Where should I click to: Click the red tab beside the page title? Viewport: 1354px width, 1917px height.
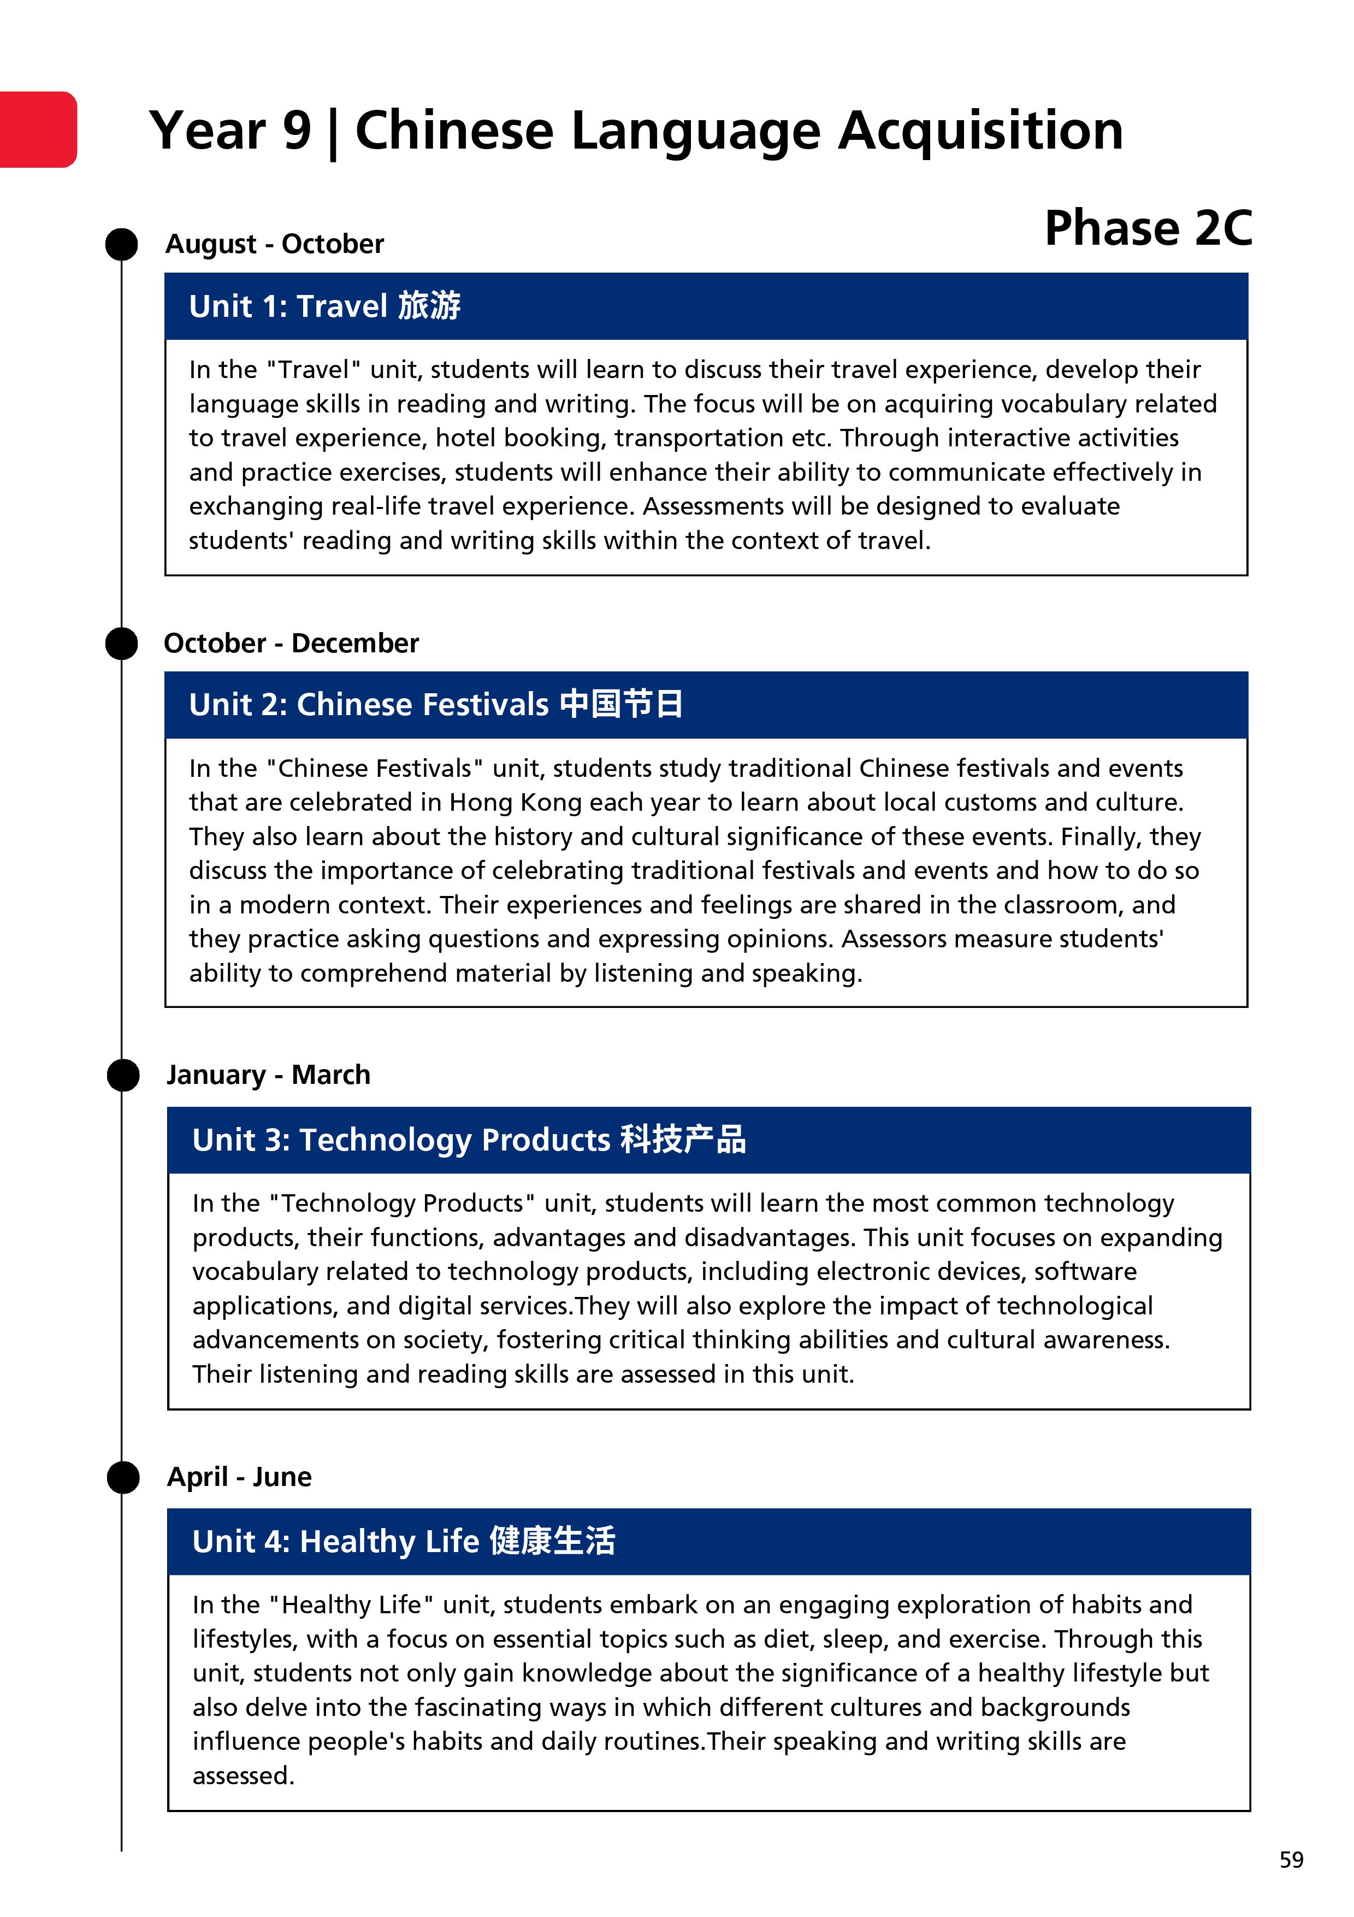pyautogui.click(x=38, y=129)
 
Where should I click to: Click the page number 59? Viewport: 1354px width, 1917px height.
pyautogui.click(x=1291, y=1860)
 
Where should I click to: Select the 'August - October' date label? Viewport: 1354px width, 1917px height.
pyautogui.click(x=275, y=244)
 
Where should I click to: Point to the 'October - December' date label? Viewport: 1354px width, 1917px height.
pyautogui.click(x=291, y=643)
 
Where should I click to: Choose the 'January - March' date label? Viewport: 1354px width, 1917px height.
pyautogui.click(x=268, y=1075)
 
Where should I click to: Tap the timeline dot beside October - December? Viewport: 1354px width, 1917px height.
pyautogui.click(x=122, y=644)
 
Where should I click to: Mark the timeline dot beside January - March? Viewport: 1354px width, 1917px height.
pyautogui.click(x=123, y=1075)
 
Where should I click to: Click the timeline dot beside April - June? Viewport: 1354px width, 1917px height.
pyautogui.click(x=123, y=1477)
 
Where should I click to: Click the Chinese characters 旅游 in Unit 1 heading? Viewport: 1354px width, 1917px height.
pyautogui.click(x=429, y=305)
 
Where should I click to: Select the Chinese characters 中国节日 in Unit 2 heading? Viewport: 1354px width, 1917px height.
pyautogui.click(x=621, y=704)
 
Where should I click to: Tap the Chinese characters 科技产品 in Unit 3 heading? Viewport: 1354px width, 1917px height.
pyautogui.click(x=683, y=1139)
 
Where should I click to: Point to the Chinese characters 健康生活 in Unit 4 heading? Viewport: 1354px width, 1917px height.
pyautogui.click(x=553, y=1541)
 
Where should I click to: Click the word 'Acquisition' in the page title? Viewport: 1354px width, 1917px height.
pyautogui.click(x=981, y=131)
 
